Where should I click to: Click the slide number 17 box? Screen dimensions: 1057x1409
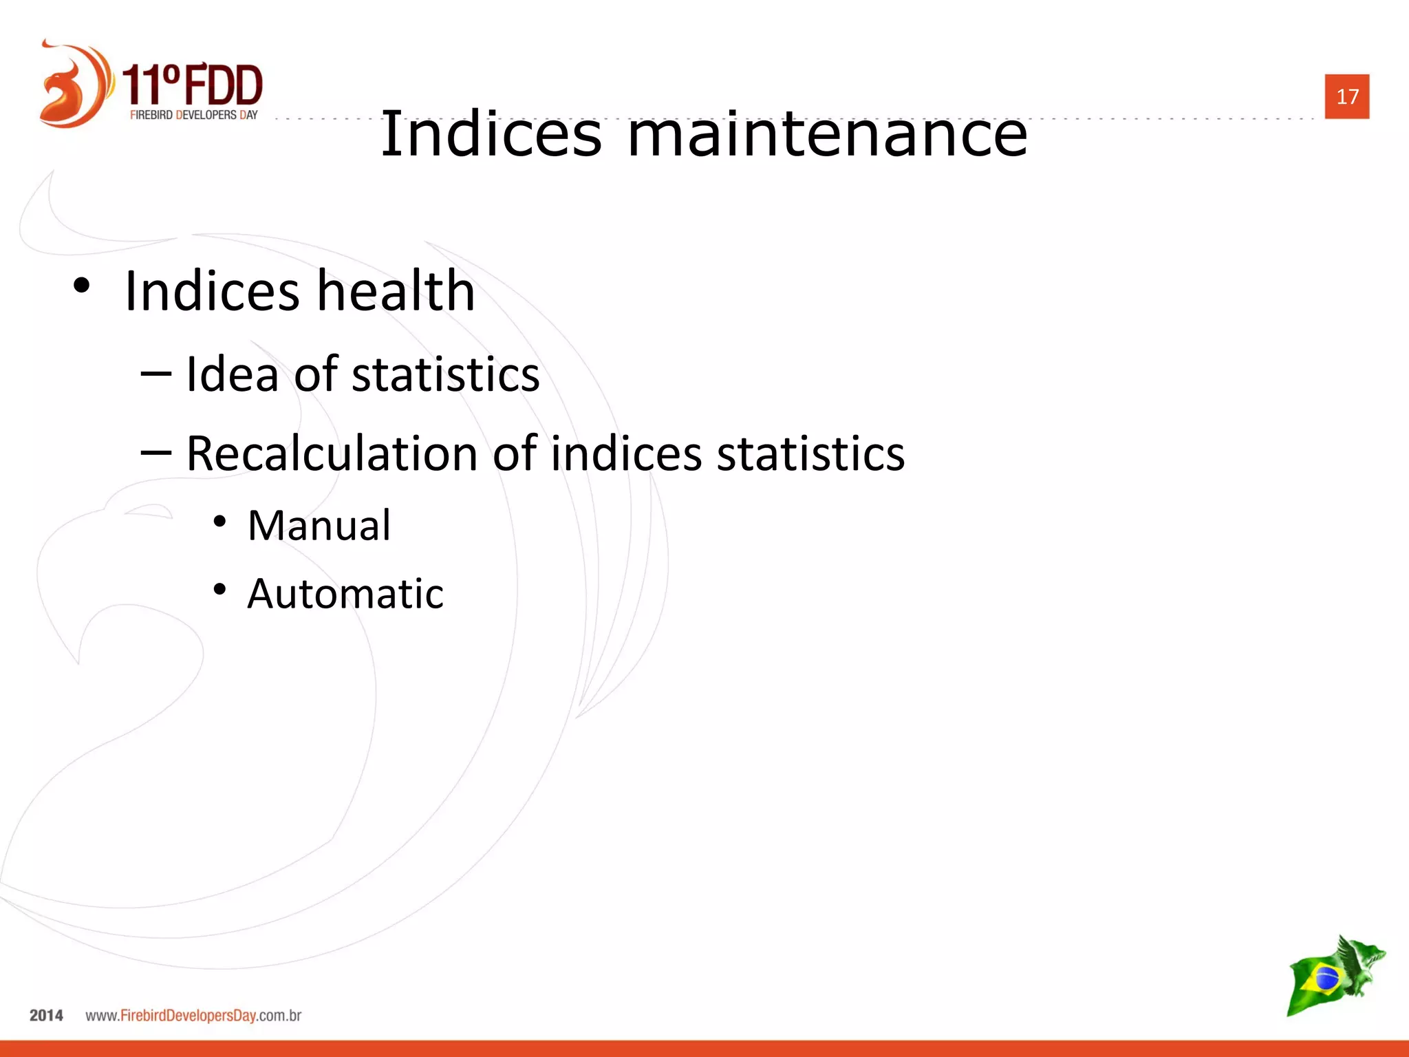click(x=1346, y=96)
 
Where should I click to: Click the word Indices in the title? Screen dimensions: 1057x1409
click(x=491, y=134)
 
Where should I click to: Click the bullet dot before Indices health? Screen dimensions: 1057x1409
click(x=81, y=286)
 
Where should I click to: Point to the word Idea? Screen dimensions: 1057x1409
click(x=233, y=374)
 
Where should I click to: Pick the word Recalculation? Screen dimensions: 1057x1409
click(x=332, y=454)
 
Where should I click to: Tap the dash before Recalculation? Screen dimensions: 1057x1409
click(x=155, y=452)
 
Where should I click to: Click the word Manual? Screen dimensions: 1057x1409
click(x=319, y=526)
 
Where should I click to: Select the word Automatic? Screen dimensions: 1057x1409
click(x=345, y=594)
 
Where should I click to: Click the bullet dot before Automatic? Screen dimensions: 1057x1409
click(x=219, y=589)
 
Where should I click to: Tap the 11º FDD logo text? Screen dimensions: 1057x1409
click(x=193, y=84)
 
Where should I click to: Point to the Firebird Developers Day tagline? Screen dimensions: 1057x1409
click(x=193, y=115)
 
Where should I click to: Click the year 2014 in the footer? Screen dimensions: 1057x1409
click(x=46, y=1016)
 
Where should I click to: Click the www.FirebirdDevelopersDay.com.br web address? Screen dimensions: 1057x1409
click(x=193, y=1016)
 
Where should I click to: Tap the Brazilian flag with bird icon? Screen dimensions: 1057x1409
click(x=1334, y=976)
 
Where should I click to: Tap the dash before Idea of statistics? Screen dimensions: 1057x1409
click(x=155, y=373)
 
